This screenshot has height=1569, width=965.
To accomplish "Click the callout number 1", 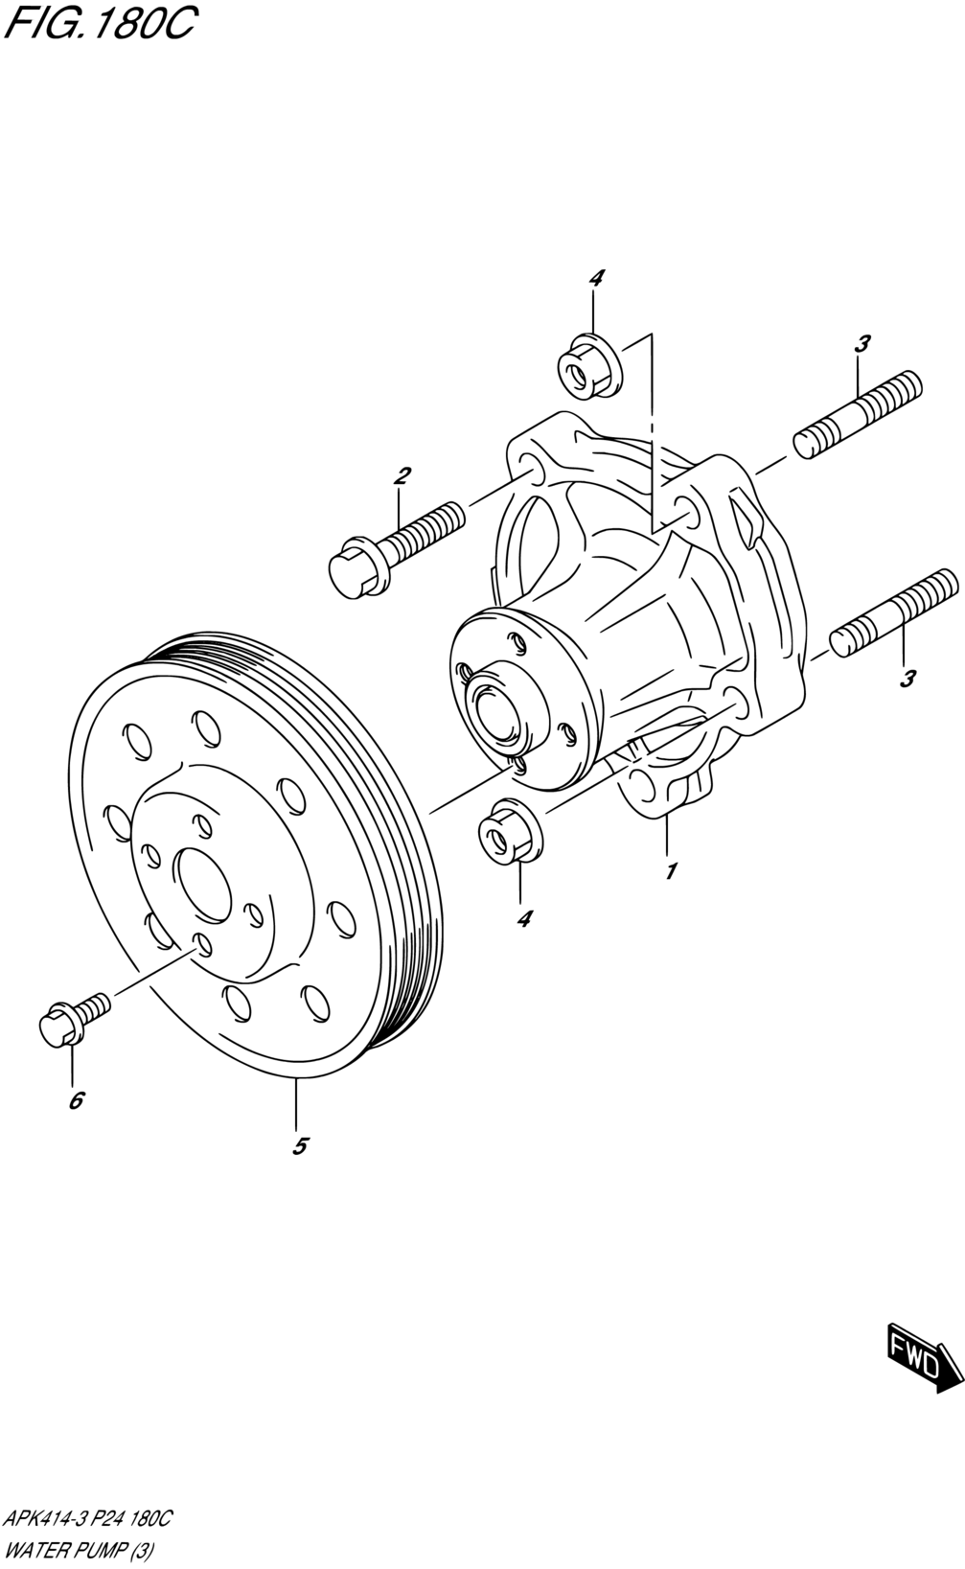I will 671,871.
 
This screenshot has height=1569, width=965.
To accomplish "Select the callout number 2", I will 402,475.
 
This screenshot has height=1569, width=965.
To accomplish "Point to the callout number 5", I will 300,1145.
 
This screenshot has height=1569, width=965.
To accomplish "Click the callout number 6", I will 76,1099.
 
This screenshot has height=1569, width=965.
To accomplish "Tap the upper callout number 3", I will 862,343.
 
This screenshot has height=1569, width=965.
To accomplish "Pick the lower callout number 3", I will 908,679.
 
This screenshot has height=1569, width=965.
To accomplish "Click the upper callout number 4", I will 596,279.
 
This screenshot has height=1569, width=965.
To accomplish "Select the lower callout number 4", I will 523,918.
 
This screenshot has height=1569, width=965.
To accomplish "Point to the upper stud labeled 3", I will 859,414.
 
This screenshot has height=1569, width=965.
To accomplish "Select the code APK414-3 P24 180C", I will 87,1520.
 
